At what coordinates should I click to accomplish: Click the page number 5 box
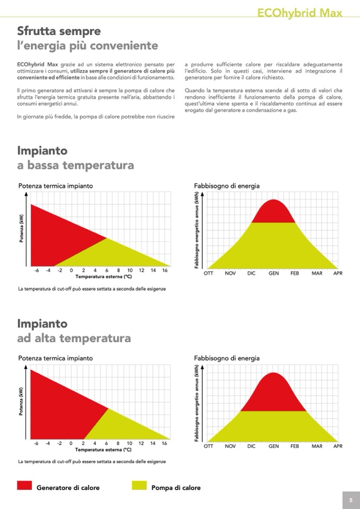coord(351,500)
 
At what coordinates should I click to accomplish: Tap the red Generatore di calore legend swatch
coord(24,486)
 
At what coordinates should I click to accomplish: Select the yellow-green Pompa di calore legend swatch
coord(139,486)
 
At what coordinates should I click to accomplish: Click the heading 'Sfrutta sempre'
coord(59,31)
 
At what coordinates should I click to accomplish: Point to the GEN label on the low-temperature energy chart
coord(273,273)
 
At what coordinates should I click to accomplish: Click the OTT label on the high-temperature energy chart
coord(209,446)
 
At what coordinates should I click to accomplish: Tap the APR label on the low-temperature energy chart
coord(338,273)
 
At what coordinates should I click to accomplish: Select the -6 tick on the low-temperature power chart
coord(36,270)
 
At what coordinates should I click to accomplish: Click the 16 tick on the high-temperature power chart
coord(165,443)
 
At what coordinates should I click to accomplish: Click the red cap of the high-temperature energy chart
coord(273,393)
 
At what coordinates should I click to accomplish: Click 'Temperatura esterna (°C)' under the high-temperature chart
coord(103,450)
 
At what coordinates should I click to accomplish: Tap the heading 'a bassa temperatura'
coord(75,165)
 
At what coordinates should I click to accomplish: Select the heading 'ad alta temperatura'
coord(74,338)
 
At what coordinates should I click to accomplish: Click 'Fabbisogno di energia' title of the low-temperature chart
coord(227,186)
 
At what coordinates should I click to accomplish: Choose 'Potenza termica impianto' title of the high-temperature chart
coord(55,358)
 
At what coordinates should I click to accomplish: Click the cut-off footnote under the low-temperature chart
coord(92,289)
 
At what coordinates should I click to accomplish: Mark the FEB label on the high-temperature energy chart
coord(295,446)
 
